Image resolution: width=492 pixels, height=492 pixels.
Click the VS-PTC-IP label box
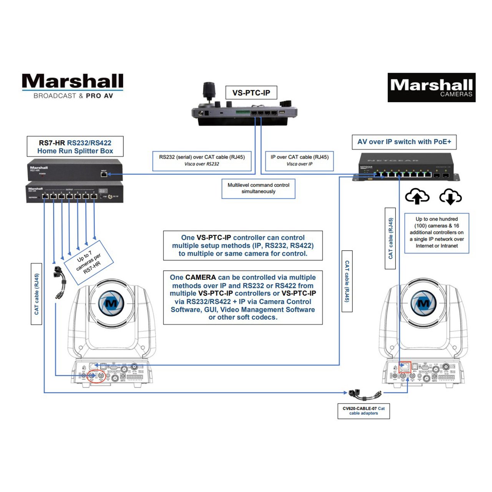point(251,93)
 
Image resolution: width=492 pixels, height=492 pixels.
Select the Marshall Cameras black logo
point(431,88)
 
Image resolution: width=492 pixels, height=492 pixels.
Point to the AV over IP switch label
point(404,142)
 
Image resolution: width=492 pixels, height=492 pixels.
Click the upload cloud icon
point(417,196)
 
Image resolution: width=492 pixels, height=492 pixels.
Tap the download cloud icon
point(450,196)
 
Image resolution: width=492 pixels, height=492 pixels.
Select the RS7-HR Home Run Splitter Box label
point(75,146)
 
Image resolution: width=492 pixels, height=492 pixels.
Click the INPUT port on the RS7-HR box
point(104,174)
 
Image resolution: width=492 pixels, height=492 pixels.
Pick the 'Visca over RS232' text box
point(202,160)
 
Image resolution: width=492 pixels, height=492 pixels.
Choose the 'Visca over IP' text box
point(299,160)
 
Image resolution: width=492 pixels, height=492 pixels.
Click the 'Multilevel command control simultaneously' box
point(258,188)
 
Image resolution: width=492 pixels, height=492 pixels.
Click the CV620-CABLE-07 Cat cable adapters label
point(364,411)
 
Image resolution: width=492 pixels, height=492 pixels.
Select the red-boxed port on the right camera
point(405,366)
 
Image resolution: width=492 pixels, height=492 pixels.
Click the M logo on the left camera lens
point(111,303)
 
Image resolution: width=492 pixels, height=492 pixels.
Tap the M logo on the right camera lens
point(423,303)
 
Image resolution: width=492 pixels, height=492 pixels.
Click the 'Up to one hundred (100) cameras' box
point(437,233)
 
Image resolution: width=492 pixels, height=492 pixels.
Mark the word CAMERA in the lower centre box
point(201,278)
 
